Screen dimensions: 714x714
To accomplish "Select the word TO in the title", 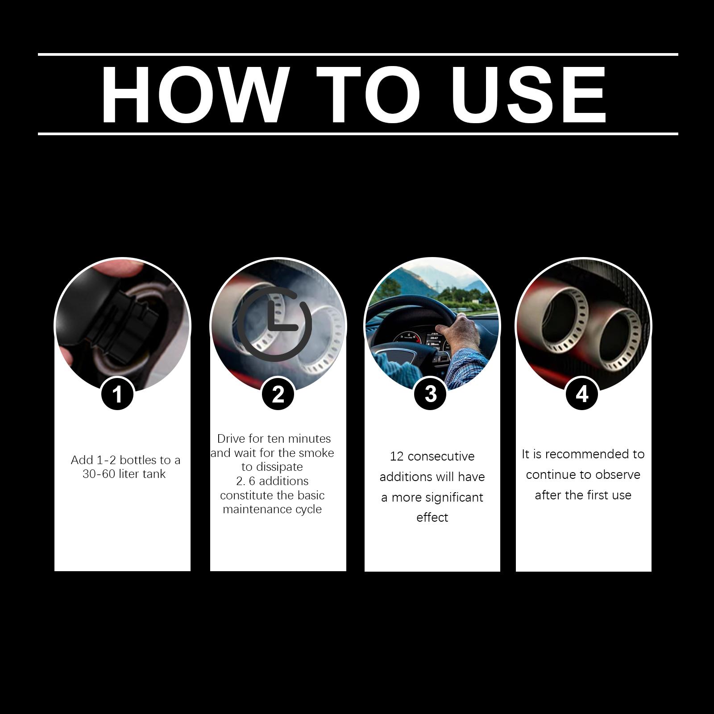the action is coord(369,95).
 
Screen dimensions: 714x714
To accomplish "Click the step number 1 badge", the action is coord(117,394).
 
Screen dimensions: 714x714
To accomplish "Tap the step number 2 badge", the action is coord(278,394).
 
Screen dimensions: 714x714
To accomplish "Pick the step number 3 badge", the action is coord(430,394).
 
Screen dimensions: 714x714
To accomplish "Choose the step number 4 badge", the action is coord(582,394).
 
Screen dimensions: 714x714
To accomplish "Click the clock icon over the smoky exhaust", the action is coord(274,324).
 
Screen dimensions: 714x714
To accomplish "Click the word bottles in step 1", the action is coord(138,460).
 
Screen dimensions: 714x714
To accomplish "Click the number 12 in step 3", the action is coord(397,457).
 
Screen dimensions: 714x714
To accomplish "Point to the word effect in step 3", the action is coord(432,517).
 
